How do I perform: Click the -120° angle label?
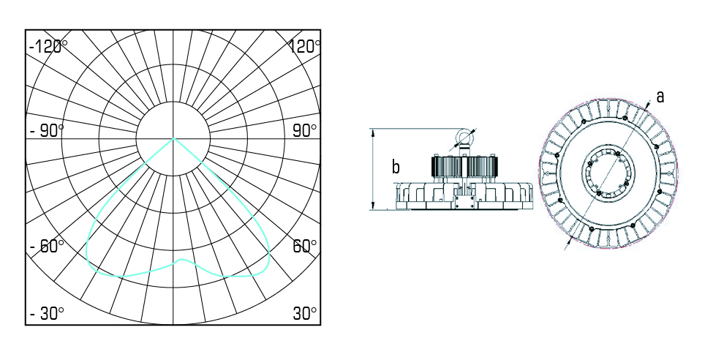click(x=48, y=46)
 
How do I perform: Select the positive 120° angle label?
click(x=305, y=46)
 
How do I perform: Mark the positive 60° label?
click(x=305, y=246)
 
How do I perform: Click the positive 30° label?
click(x=305, y=314)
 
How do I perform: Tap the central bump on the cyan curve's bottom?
click(x=181, y=260)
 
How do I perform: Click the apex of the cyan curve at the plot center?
click(x=173, y=138)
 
